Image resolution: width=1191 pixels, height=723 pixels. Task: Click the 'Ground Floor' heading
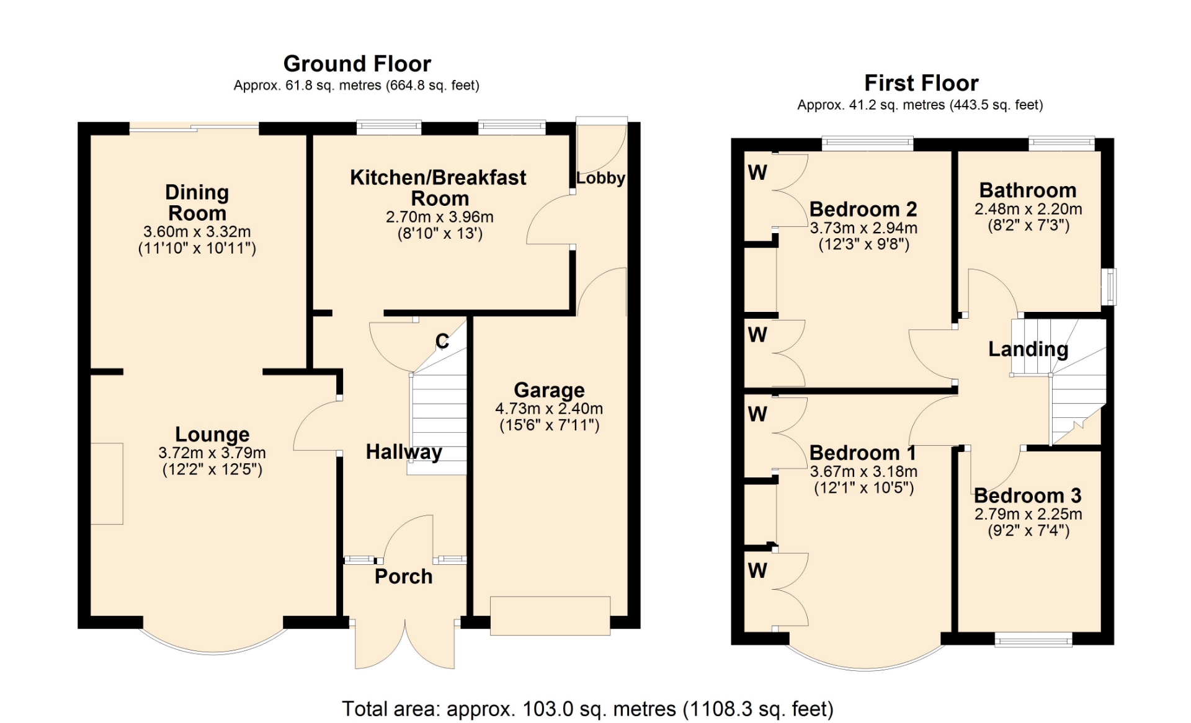click(357, 64)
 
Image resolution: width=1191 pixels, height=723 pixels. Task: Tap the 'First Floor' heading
click(921, 83)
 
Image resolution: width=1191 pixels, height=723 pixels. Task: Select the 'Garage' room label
click(549, 390)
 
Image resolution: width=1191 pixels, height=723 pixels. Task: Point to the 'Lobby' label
click(600, 178)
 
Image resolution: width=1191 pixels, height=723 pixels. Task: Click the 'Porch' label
click(403, 577)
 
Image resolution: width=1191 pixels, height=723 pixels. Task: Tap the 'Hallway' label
click(404, 452)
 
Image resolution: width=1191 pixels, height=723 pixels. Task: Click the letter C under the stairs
click(442, 341)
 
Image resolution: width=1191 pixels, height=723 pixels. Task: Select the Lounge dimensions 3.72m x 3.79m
click(212, 453)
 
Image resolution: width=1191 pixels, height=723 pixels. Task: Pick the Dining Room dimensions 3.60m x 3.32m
click(197, 232)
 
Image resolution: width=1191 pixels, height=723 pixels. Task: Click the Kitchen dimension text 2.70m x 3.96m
click(440, 217)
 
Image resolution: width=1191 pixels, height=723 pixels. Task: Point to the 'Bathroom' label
click(1028, 190)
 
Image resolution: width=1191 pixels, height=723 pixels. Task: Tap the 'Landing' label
click(1028, 349)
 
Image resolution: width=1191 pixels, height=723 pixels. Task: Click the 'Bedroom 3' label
click(1028, 495)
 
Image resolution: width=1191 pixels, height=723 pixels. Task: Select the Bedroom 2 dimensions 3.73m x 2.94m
click(863, 228)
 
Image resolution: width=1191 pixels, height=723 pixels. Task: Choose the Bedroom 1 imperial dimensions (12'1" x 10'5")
click(864, 488)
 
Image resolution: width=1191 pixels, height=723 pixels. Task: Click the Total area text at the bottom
click(587, 709)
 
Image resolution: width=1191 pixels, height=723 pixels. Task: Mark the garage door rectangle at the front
click(550, 616)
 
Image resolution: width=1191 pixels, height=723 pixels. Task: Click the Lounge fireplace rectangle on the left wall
click(107, 484)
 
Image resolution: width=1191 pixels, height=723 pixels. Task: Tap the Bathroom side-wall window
click(1108, 286)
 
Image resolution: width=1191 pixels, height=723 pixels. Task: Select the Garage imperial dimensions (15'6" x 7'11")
click(549, 425)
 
